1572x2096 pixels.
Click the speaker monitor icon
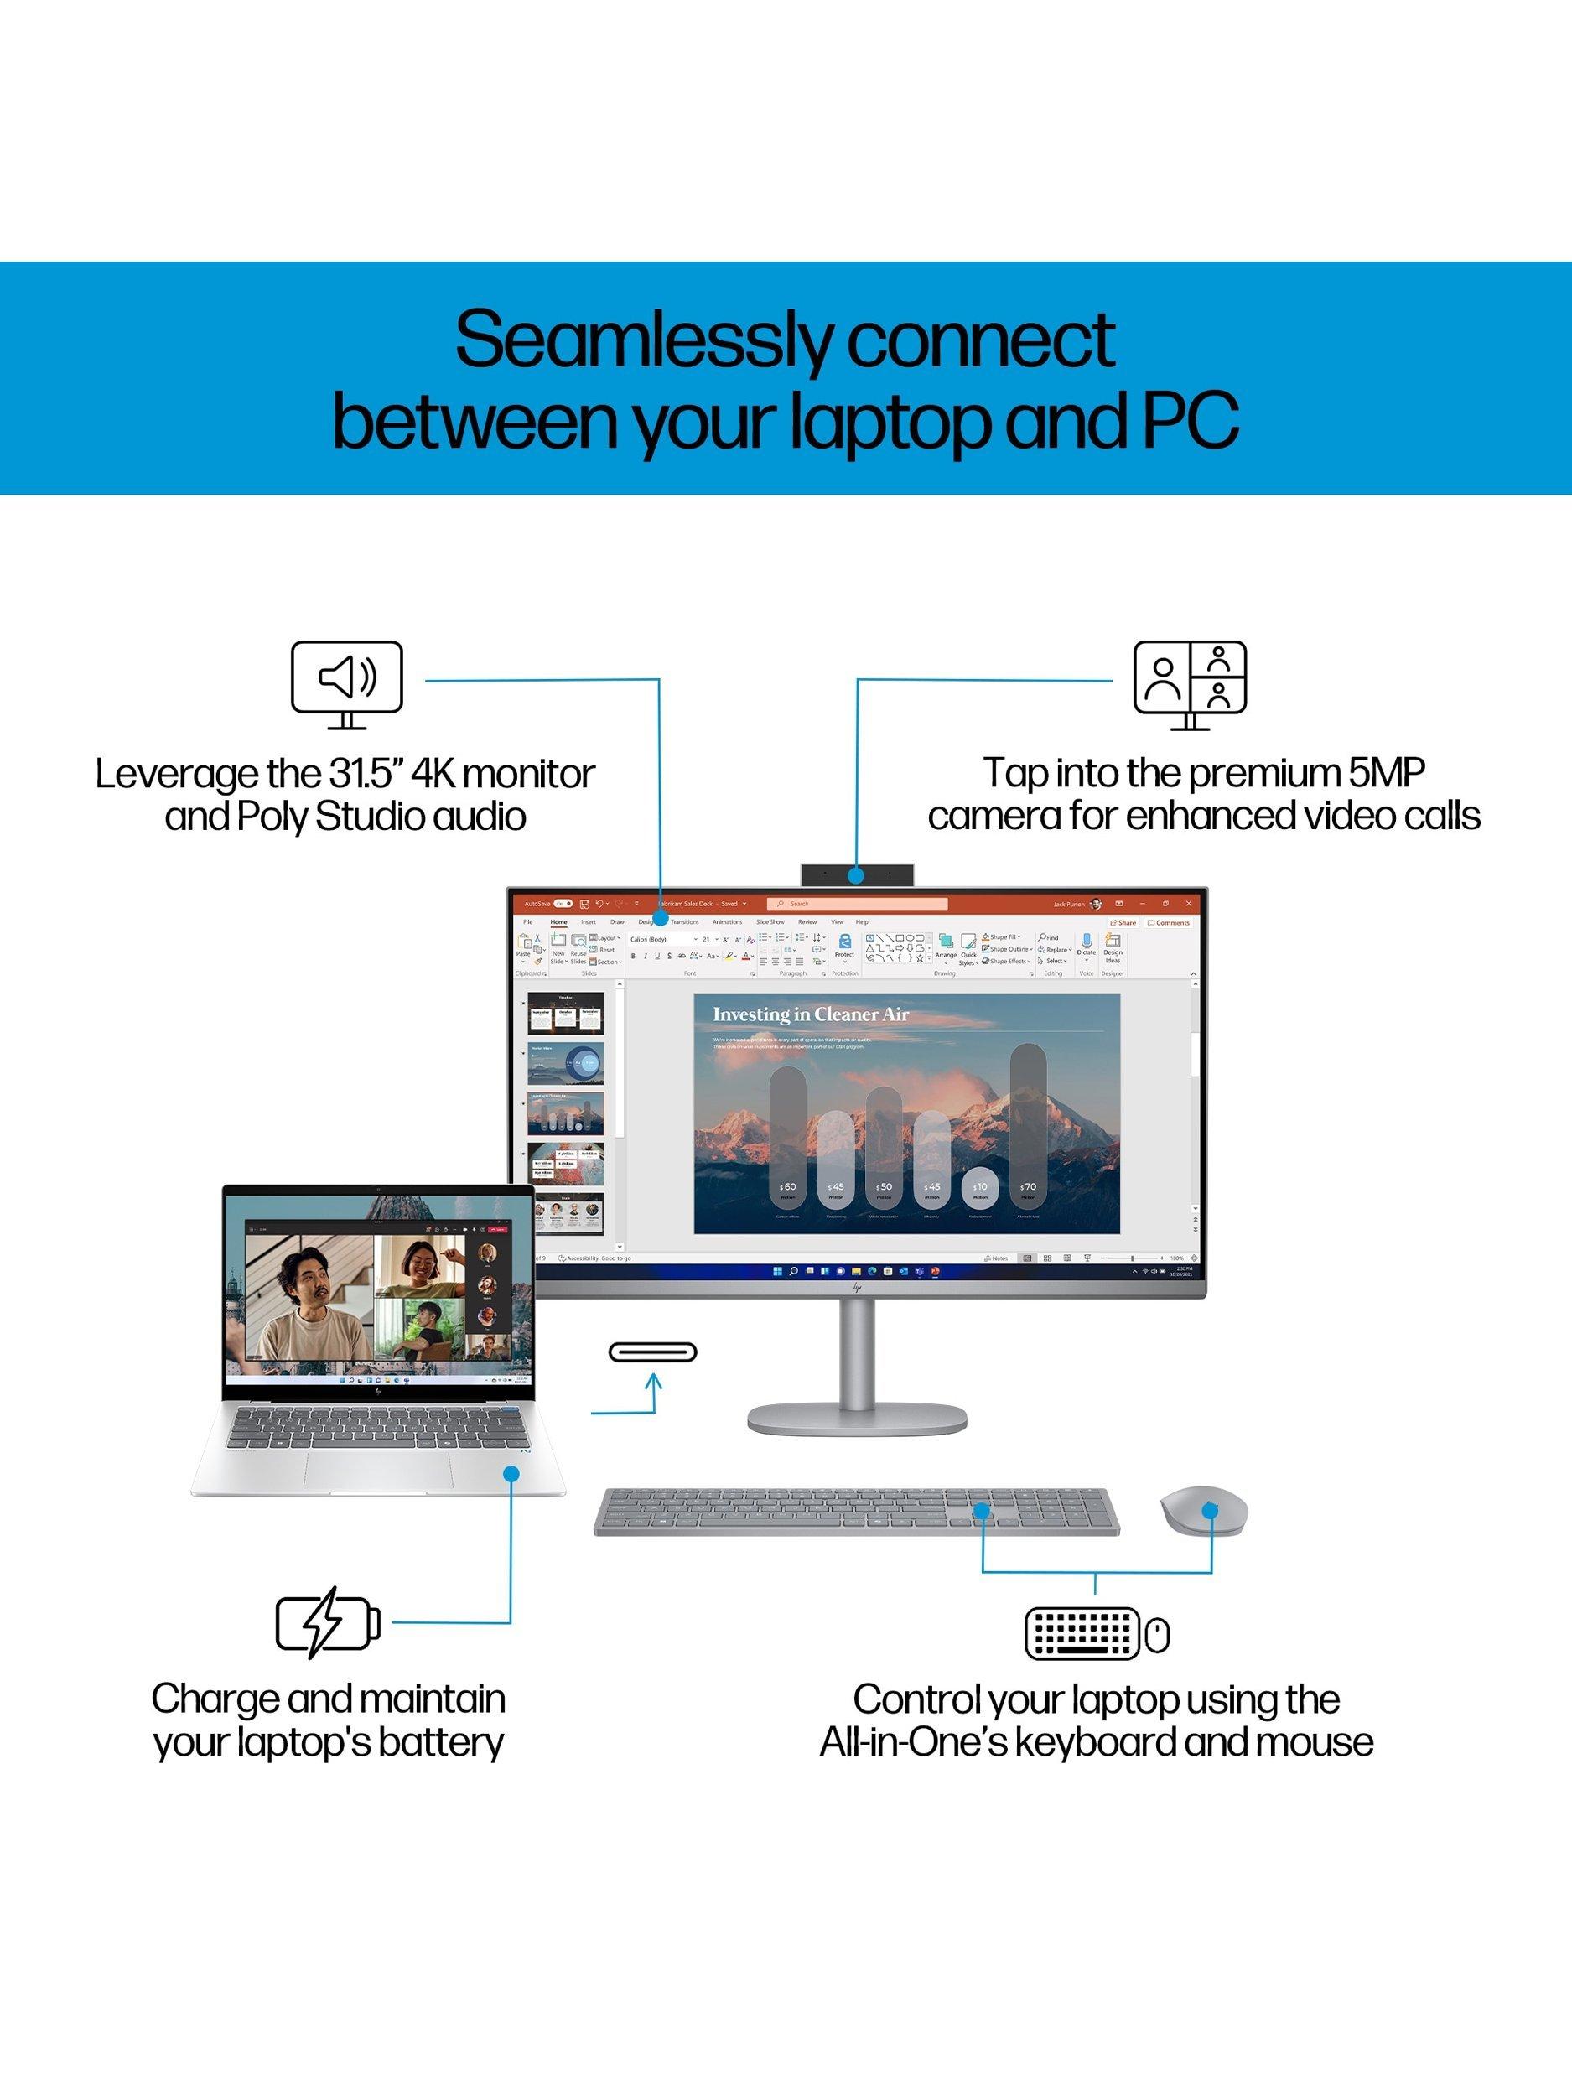[x=347, y=684]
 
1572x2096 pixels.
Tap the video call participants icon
[x=1191, y=684]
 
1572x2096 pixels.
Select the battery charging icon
[x=328, y=1623]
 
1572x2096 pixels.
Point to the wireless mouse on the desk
[x=1203, y=1509]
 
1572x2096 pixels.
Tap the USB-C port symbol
[x=653, y=1352]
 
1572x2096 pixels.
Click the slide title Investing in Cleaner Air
[x=810, y=1014]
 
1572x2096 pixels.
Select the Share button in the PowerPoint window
[x=1123, y=922]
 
